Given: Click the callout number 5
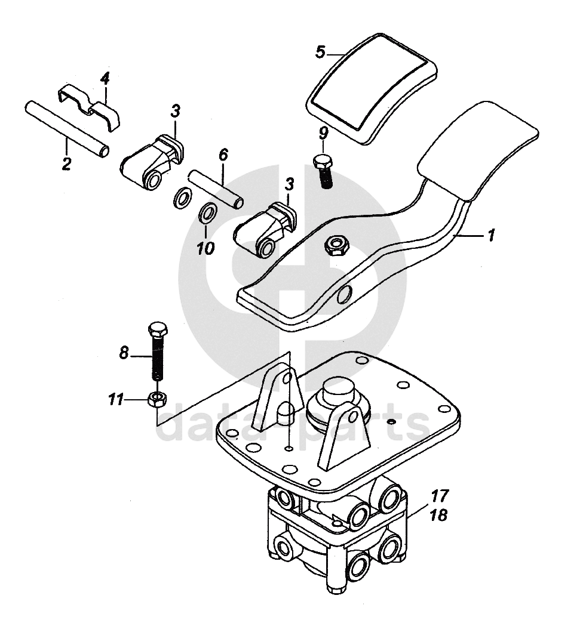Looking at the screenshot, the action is tap(321, 53).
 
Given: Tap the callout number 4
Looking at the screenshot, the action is tap(105, 78).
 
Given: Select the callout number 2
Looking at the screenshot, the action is tap(67, 163).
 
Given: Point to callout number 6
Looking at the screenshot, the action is tap(223, 156).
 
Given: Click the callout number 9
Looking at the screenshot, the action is tap(323, 133).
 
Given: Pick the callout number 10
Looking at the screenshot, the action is tap(205, 246).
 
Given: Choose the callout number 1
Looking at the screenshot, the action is tap(490, 236).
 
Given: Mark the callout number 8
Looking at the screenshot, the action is tap(124, 353).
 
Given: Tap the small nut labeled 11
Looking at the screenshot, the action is tap(157, 398).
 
